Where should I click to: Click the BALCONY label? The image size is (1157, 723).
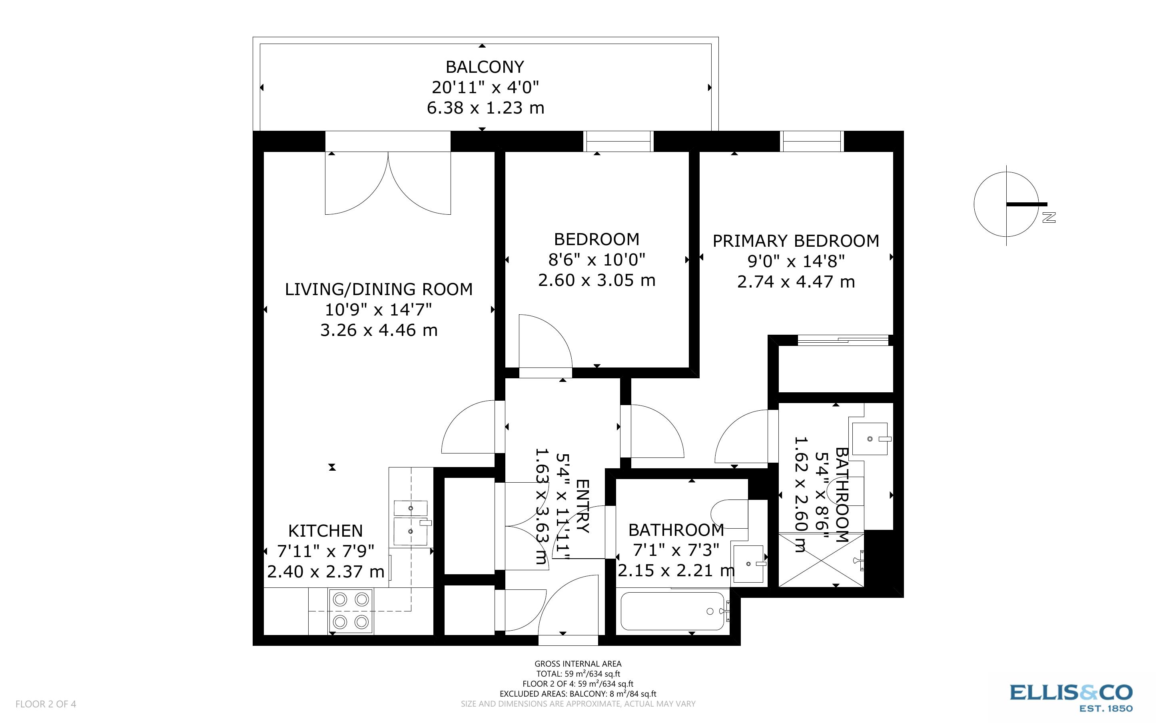point(485,67)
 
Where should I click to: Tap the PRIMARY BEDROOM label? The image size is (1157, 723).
point(796,241)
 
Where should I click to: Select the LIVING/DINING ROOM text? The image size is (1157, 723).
point(379,289)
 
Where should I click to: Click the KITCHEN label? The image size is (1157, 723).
point(325,531)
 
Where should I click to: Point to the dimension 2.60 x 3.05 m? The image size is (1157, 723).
point(596,280)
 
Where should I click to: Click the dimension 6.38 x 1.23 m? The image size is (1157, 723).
point(485,108)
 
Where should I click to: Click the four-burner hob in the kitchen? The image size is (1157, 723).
point(350,611)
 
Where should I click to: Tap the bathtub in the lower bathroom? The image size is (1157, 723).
point(673,611)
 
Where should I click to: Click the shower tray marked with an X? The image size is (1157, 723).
point(821,559)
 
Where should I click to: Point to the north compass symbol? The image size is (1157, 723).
point(1006,205)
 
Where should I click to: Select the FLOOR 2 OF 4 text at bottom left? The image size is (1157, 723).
point(46,704)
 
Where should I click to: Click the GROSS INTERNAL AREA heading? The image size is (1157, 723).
point(578,664)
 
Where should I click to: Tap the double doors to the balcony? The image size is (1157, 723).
point(387,183)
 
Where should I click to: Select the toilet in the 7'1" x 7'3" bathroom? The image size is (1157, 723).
point(728,514)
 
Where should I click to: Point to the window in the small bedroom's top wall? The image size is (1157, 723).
point(618,142)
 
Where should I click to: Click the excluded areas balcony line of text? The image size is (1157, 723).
point(578,694)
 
